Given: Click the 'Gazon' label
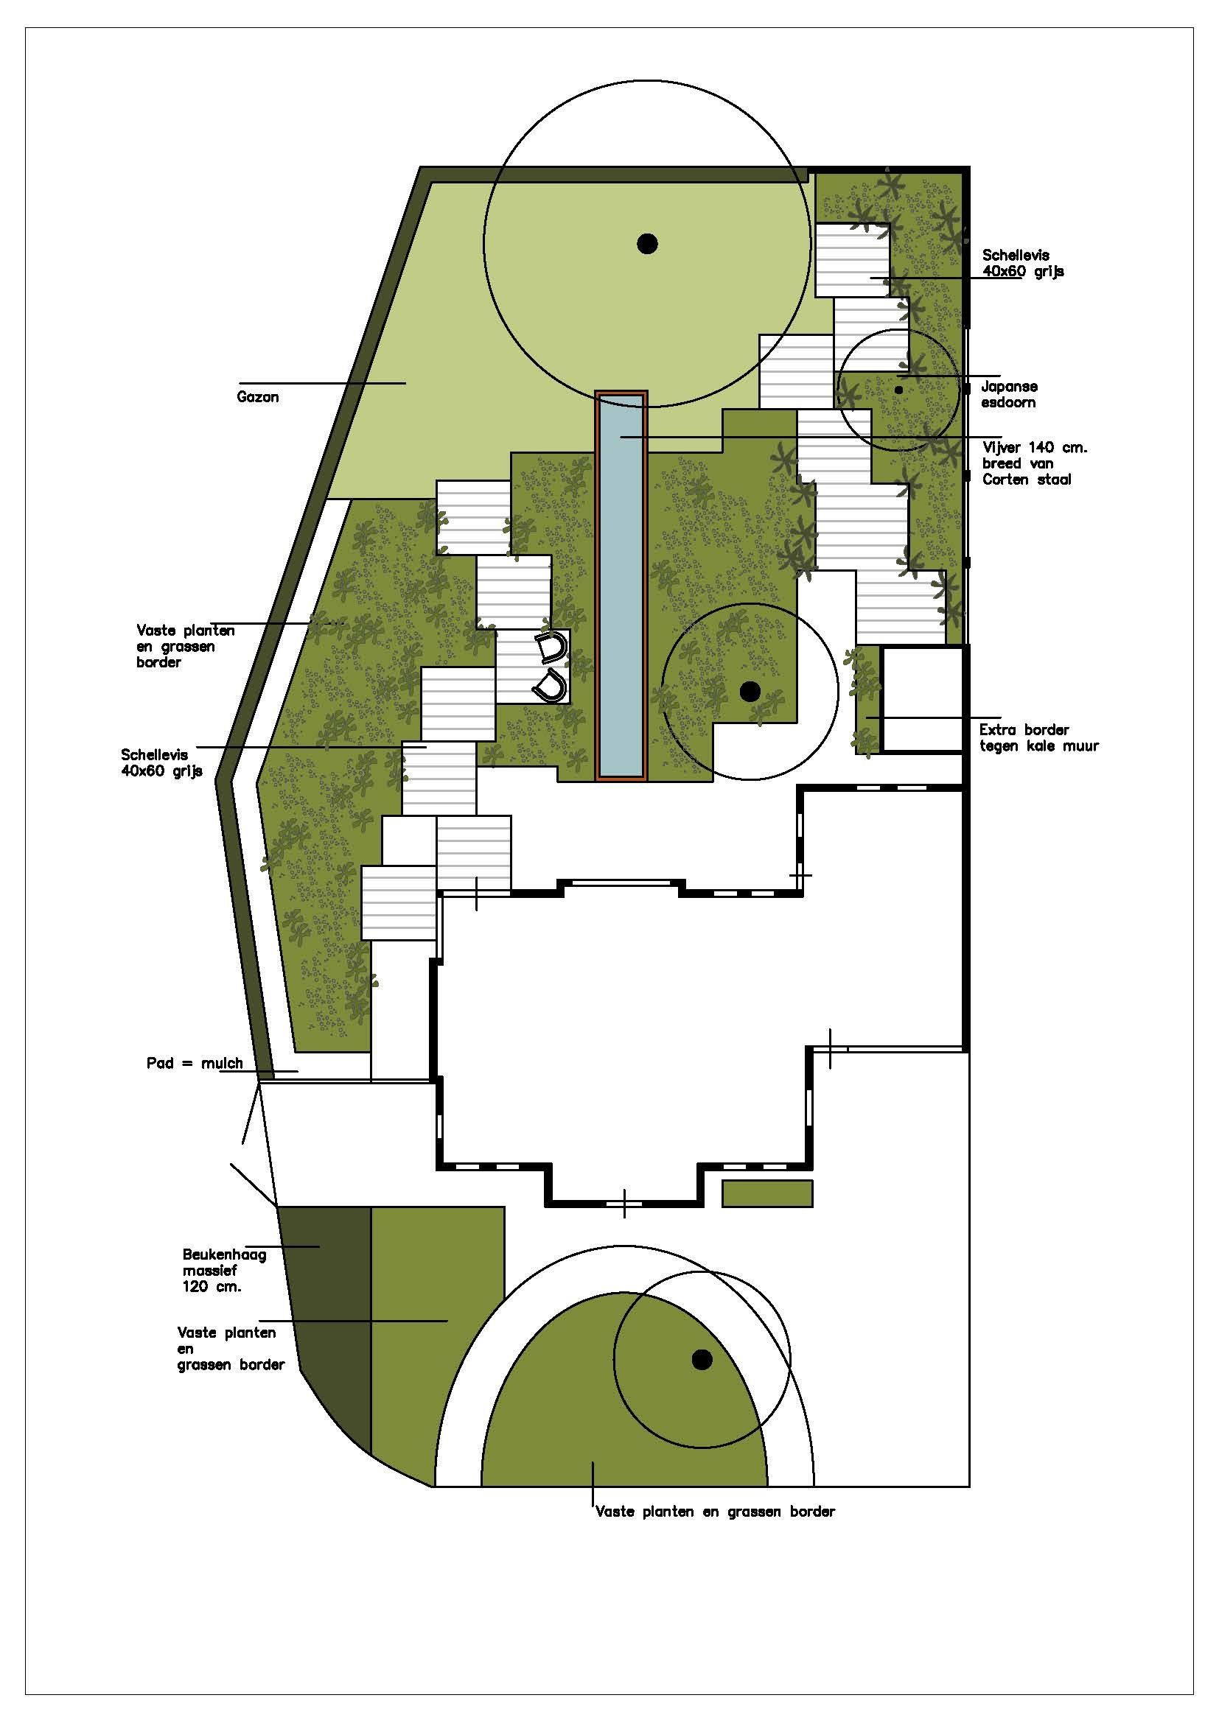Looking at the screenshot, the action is [257, 397].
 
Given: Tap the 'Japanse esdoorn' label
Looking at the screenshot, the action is [1009, 394].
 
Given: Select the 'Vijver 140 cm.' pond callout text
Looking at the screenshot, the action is [1035, 448].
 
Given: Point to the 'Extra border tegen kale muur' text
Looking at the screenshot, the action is [1039, 737].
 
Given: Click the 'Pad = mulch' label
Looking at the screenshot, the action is [195, 1063].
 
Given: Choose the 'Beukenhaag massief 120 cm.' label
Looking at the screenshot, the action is [225, 1271].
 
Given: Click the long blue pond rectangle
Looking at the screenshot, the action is [621, 586].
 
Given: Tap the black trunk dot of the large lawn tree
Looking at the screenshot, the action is [647, 243].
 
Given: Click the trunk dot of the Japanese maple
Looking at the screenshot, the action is [898, 390].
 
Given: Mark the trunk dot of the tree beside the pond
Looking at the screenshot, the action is [750, 691].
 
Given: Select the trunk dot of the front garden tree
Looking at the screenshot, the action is [702, 1359].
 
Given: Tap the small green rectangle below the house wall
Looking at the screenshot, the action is [767, 1193].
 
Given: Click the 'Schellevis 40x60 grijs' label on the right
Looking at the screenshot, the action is [1023, 264].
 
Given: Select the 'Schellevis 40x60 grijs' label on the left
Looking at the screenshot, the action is [161, 762].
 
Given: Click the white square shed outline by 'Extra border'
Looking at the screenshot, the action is [923, 698].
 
